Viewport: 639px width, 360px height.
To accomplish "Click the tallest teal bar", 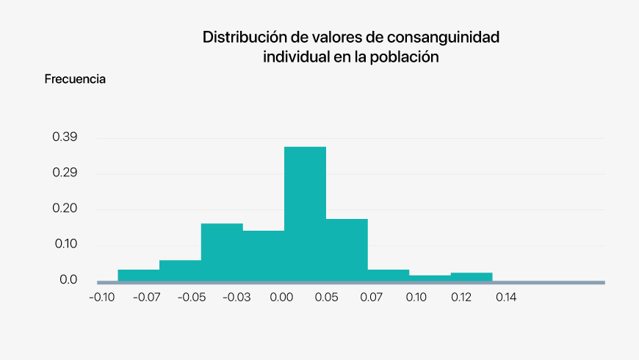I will pyautogui.click(x=305, y=213).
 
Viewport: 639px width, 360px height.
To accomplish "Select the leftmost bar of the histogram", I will pyautogui.click(x=138, y=275).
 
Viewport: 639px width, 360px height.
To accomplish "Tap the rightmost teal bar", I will pyautogui.click(x=471, y=276).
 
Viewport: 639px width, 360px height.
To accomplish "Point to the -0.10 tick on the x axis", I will pyautogui.click(x=101, y=297).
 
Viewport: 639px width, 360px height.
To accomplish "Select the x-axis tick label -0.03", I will pyautogui.click(x=237, y=297).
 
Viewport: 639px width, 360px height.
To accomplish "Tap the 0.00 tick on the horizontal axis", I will pyautogui.click(x=282, y=297).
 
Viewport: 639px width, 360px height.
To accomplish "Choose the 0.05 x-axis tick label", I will pyautogui.click(x=327, y=297).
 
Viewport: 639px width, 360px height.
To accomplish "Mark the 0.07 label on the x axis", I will pyautogui.click(x=372, y=297).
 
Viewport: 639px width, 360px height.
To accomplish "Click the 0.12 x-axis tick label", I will pyautogui.click(x=461, y=297).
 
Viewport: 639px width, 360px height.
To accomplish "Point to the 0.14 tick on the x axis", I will pyautogui.click(x=506, y=297).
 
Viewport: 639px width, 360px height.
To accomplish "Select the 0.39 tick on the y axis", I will pyautogui.click(x=65, y=137).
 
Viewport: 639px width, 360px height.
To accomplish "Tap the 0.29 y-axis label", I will pyautogui.click(x=65, y=173).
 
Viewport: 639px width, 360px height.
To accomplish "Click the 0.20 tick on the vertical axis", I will pyautogui.click(x=65, y=209).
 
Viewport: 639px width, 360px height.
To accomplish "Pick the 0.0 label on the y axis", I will pyautogui.click(x=68, y=280).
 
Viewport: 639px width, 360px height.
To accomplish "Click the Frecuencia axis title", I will pyautogui.click(x=75, y=79).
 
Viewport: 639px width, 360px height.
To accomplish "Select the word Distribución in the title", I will pyautogui.click(x=243, y=37).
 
